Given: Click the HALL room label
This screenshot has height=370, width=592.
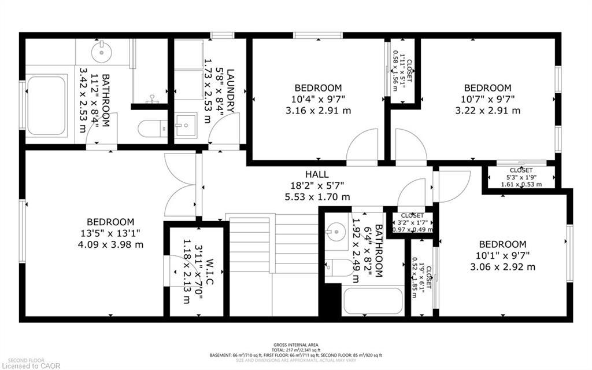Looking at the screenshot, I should point(317,174).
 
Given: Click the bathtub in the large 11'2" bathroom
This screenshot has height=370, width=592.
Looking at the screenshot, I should point(46,105).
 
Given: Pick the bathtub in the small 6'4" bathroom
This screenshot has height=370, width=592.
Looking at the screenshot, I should point(372,301).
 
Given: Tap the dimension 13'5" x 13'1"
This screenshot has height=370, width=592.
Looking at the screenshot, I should point(110,233).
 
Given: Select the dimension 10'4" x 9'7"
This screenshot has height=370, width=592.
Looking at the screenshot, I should point(318,99).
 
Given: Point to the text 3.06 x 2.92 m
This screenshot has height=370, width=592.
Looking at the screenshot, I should point(502,267).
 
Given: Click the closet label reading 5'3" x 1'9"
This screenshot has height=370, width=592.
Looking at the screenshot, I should point(520,177).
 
